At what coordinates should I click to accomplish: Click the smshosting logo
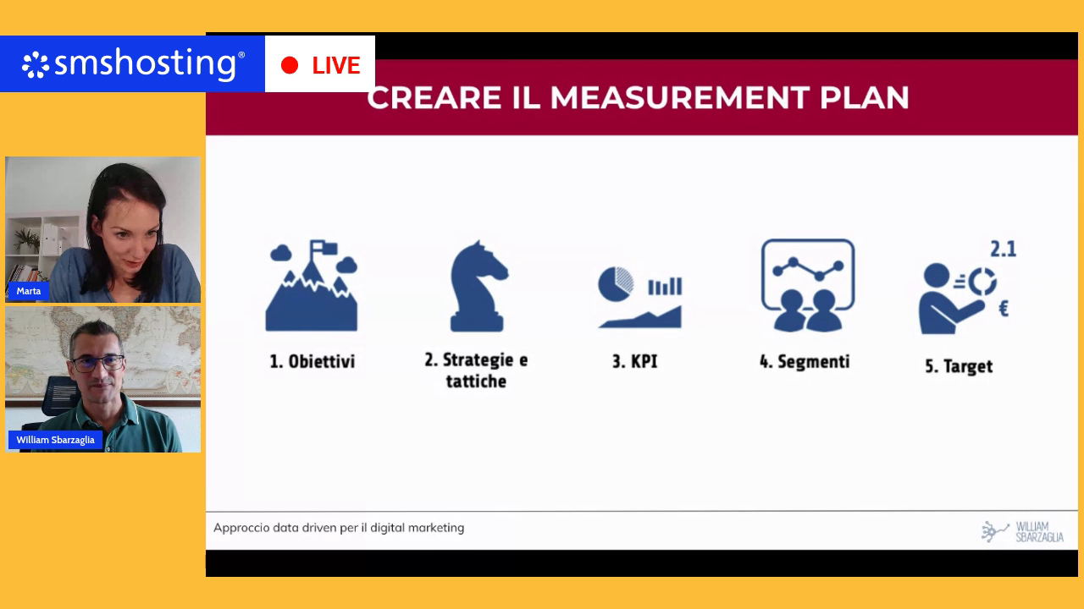point(133,63)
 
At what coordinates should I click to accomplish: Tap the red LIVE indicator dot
point(290,65)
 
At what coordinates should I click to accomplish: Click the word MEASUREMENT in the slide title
point(679,97)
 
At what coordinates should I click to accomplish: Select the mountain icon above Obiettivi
point(312,285)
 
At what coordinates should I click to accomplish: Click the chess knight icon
point(478,286)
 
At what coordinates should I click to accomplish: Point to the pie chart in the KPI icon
point(616,283)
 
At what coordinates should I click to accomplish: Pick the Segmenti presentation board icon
point(808,285)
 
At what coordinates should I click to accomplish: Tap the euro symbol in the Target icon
point(1004,309)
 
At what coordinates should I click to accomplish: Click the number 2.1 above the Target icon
point(1004,250)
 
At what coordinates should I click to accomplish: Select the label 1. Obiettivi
point(312,361)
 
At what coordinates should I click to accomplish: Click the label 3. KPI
point(635,361)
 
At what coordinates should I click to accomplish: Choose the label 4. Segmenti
point(805,361)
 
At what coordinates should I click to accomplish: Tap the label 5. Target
point(959,366)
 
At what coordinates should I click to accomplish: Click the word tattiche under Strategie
point(476,381)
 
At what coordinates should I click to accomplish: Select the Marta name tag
point(29,291)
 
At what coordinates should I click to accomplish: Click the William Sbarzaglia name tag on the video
point(55,440)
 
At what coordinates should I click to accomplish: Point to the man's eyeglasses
point(98,363)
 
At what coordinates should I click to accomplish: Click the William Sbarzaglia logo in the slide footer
point(1022,532)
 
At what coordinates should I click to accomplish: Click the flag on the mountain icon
point(324,248)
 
